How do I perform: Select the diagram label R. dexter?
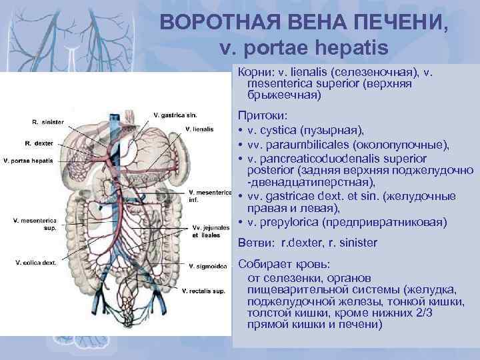point(39,143)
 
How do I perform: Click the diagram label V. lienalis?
point(199,128)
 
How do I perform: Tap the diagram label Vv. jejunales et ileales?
point(207,231)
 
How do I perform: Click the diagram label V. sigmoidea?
point(205,267)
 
